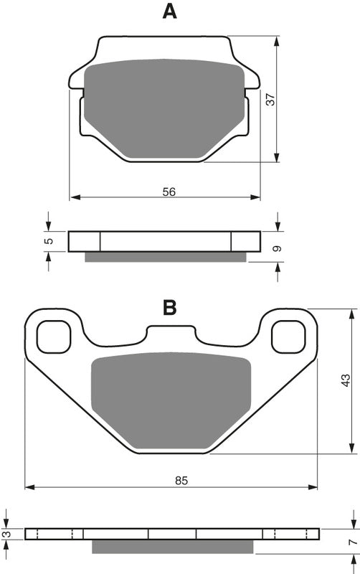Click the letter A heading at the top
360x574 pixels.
[169, 11]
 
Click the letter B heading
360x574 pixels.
[169, 308]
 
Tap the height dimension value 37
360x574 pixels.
[270, 99]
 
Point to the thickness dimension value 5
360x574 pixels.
[48, 241]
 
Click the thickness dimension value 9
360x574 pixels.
[278, 248]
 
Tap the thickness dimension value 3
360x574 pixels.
[7, 534]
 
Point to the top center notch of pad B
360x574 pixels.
[171, 332]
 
